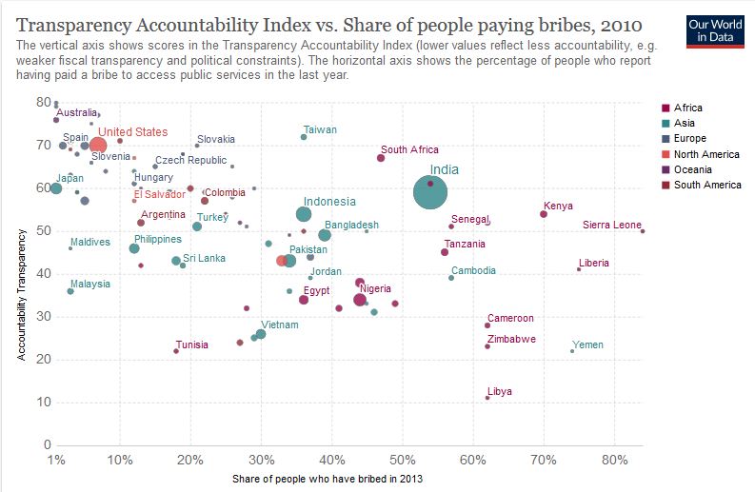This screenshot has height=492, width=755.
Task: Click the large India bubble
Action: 430,192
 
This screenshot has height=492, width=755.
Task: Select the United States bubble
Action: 98,145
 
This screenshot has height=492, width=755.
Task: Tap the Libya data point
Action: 487,398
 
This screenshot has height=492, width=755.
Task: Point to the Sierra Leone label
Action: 611,225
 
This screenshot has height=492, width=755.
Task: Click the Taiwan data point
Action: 304,137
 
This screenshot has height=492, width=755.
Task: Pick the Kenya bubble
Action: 544,214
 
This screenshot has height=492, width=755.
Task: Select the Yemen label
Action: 587,344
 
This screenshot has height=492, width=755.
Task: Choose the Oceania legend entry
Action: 686,169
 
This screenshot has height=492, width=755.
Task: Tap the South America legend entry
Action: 702,185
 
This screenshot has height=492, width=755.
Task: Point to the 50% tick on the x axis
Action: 403,460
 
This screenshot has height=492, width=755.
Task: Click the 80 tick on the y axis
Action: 44,102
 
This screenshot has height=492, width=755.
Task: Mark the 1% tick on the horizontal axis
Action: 56,460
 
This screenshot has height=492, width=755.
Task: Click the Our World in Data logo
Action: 715,31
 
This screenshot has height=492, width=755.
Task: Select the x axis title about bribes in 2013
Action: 328,479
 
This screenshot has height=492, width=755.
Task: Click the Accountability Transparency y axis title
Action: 21,295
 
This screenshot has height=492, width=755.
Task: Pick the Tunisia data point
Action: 176,351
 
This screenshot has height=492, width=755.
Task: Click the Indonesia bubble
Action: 304,214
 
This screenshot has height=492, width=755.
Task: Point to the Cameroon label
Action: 510,318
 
